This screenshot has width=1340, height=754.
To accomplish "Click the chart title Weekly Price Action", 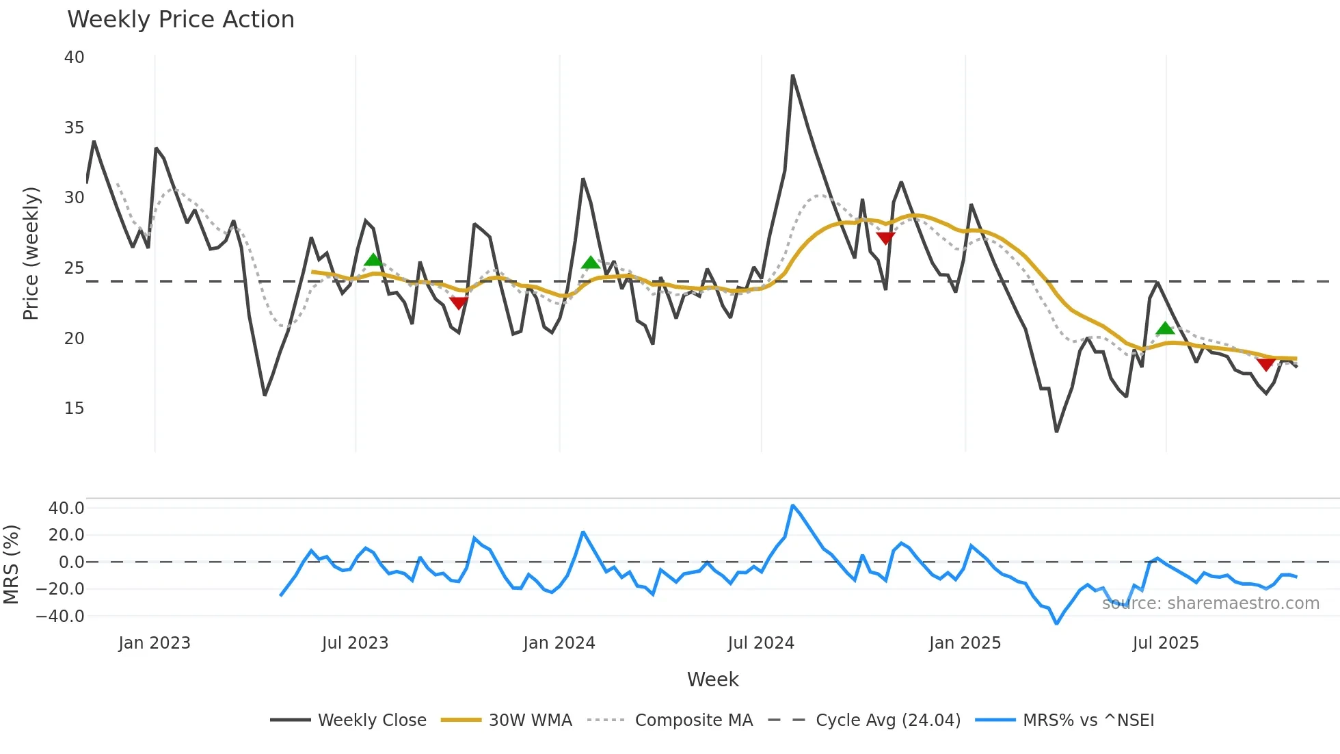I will [x=180, y=20].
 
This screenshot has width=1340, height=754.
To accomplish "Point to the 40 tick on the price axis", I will [x=75, y=57].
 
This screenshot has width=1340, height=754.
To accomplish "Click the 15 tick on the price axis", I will [x=75, y=408].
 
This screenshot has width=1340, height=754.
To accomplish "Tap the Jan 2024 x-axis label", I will [x=559, y=643].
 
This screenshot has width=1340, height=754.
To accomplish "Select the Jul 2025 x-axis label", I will [x=1166, y=643].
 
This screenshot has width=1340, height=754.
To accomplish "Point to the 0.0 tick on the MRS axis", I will [x=71, y=562].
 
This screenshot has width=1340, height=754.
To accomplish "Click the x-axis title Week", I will [x=712, y=679].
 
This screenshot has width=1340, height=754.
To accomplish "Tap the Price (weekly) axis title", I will [x=31, y=253].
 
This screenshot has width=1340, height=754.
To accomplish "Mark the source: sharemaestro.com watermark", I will [x=1210, y=603].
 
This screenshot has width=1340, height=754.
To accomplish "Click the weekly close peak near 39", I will [x=792, y=76].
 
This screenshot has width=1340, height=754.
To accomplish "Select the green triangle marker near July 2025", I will [x=1165, y=328].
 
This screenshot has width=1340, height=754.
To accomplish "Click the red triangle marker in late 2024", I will [x=885, y=238].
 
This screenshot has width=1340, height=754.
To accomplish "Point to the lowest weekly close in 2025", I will [x=1056, y=431].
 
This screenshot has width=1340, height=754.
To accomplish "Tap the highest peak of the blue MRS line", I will [x=792, y=506].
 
